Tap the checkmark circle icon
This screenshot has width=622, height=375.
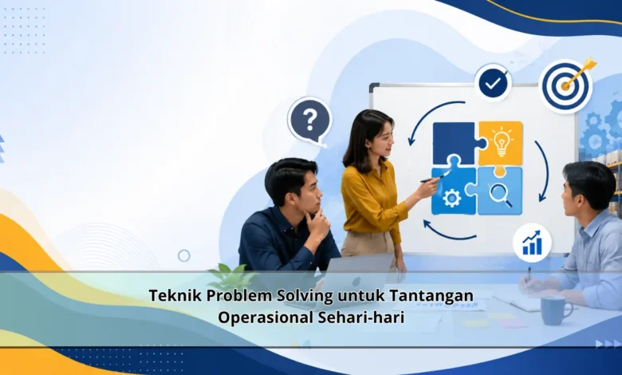coord(493,83)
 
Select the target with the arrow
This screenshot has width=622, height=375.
coord(566,85)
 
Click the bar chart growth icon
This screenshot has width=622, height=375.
coord(532,243)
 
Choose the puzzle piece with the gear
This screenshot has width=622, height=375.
coord(454,191)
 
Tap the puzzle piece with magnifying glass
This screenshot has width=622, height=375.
coord(500,191)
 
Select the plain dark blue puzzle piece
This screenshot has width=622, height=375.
coord(457,144)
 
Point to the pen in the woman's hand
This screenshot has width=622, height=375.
coord(435,177)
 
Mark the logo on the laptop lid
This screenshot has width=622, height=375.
coord(356,281)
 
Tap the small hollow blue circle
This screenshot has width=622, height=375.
coord(183,255)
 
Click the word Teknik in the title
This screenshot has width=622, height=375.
coord(175,296)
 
